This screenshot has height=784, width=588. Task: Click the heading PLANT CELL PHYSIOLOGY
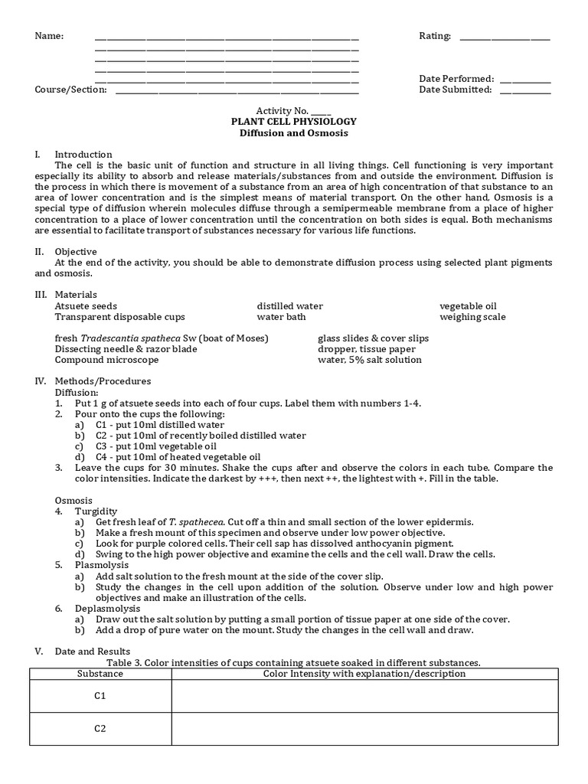tap(294, 122)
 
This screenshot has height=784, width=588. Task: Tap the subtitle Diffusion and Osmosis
tap(294, 132)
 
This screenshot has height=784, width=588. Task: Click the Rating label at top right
tap(435, 36)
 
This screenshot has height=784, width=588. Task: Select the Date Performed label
tap(456, 79)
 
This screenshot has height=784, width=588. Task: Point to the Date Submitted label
tap(456, 90)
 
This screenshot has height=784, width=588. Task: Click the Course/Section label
tap(70, 90)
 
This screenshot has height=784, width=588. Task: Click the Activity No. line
tap(294, 111)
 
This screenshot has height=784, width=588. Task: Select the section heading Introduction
tap(83, 154)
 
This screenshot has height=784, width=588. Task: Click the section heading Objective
tap(76, 251)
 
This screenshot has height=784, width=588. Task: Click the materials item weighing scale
tap(472, 317)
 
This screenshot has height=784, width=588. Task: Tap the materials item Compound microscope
tap(107, 360)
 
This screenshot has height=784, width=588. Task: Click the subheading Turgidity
tap(96, 511)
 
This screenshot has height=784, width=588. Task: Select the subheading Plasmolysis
tap(100, 564)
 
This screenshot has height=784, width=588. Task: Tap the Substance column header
tap(100, 674)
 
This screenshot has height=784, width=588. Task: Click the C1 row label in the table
tap(100, 696)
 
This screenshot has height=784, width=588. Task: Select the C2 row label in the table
tap(100, 728)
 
